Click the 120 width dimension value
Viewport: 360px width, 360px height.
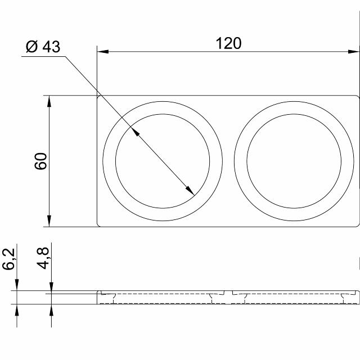229,43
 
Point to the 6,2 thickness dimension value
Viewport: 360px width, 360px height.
9,259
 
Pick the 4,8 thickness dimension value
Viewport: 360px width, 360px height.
43,259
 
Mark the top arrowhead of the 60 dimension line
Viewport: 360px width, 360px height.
49,100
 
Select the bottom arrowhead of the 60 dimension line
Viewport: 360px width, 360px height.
49,222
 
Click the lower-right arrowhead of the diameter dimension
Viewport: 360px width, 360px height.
191,192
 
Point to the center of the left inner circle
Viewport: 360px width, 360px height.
163,162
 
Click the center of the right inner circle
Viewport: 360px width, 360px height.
294,162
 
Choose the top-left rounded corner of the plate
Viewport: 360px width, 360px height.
99,97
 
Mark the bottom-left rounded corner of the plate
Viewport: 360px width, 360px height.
99,225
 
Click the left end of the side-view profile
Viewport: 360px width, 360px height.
98,297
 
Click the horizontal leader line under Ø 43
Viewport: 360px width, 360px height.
42,56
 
